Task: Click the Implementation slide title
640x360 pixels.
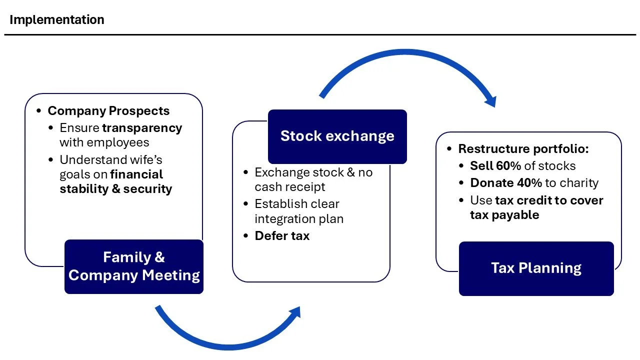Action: (57, 19)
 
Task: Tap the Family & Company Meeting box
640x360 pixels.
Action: (134, 266)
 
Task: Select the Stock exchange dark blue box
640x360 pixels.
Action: (337, 136)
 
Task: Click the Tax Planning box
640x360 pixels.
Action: (536, 268)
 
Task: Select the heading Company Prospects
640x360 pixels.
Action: (108, 111)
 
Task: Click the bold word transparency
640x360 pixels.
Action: (142, 128)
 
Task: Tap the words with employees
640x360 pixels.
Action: (104, 142)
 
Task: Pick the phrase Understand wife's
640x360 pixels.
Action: (111, 160)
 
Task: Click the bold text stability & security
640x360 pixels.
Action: (116, 189)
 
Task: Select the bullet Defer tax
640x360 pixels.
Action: (282, 236)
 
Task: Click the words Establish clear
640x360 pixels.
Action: (297, 204)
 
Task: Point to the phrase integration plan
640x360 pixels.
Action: (299, 219)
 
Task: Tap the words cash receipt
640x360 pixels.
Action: (290, 187)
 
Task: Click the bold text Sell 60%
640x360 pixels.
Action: (495, 166)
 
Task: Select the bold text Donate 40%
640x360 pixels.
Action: (506, 183)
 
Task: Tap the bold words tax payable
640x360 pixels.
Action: (504, 215)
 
